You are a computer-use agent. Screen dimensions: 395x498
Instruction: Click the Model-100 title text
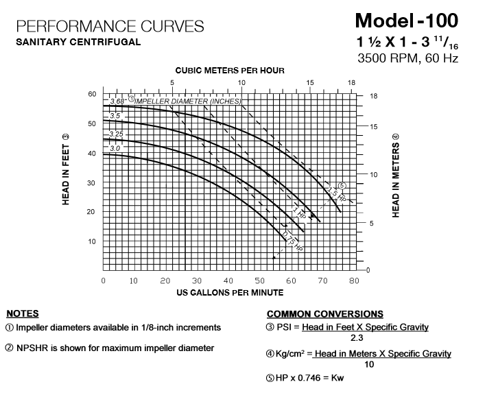pos(407,20)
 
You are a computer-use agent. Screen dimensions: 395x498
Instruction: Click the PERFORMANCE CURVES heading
pos(110,27)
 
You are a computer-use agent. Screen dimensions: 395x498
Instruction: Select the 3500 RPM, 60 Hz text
pos(407,58)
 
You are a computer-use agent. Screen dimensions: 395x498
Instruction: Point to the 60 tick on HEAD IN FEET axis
pos(92,94)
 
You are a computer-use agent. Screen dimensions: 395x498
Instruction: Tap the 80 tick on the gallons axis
pos(353,280)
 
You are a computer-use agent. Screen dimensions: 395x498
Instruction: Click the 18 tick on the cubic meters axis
pos(352,83)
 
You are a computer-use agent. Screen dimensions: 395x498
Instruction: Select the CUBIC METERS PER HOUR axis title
pos(229,71)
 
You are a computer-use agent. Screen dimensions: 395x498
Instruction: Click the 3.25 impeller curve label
pos(115,134)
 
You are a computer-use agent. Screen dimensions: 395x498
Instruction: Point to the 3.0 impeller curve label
pos(115,148)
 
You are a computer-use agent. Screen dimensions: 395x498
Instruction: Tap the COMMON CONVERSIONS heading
pos(324,314)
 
